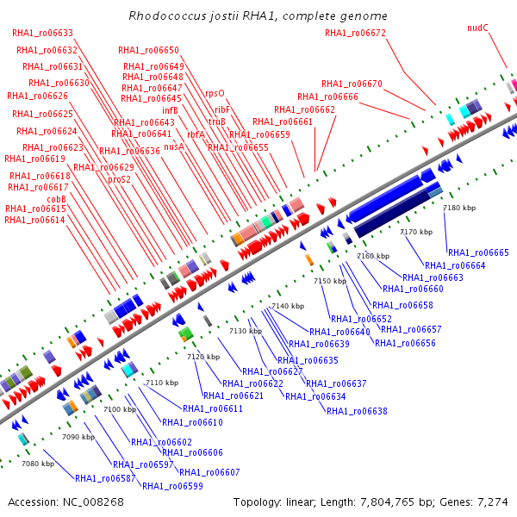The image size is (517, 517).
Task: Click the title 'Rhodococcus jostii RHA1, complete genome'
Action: tap(258, 16)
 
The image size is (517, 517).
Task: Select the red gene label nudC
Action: tap(477, 28)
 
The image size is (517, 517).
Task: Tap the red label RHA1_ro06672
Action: tap(355, 34)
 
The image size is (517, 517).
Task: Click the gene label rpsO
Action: tap(215, 94)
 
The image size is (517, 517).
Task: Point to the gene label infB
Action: tap(170, 110)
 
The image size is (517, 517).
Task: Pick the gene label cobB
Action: tap(56, 199)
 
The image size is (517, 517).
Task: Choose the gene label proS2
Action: tap(120, 180)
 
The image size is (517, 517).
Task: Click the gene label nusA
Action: tap(174, 146)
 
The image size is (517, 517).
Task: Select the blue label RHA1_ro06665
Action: tap(478, 252)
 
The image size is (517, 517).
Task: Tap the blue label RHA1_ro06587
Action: tap(105, 478)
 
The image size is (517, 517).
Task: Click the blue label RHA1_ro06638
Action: tap(357, 411)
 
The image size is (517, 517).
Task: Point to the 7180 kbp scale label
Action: tap(459, 208)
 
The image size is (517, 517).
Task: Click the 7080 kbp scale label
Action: tap(38, 464)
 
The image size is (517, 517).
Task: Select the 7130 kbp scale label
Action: tap(246, 331)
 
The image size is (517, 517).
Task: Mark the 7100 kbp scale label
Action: tap(120, 409)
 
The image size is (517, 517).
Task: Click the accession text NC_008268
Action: tap(93, 502)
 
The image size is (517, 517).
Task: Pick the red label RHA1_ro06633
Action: tap(42, 34)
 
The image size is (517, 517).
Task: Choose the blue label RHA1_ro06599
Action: tap(172, 486)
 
